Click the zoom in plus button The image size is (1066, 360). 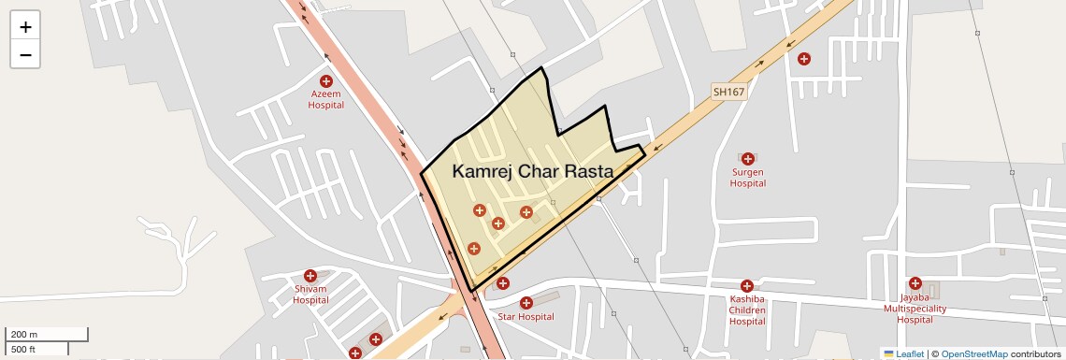(25, 27)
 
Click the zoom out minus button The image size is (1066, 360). (25, 55)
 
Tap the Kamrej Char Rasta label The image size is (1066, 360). (532, 172)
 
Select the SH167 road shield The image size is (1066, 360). (728, 92)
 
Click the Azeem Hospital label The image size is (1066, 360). (326, 99)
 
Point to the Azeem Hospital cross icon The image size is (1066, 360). (326, 82)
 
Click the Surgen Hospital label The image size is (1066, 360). (748, 178)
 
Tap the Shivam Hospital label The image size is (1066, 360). (310, 295)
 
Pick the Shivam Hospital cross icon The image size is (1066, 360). (310, 277)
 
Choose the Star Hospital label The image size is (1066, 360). (526, 317)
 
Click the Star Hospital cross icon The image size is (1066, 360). (526, 303)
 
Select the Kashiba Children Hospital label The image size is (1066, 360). (747, 310)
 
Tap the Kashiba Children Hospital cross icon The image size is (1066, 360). (747, 286)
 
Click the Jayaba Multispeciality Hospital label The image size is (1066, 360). (915, 309)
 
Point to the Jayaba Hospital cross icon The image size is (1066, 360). (915, 283)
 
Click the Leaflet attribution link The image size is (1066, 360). (903, 353)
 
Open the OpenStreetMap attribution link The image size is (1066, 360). (973, 353)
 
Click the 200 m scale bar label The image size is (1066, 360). (23, 335)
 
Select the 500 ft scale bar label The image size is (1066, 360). (23, 350)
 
